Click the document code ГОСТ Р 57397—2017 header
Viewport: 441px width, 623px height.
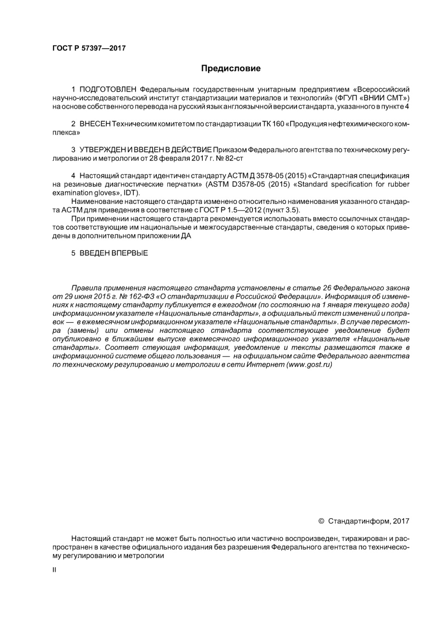pyautogui.click(x=89, y=48)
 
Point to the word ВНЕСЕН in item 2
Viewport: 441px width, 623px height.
pyautogui.click(x=95, y=124)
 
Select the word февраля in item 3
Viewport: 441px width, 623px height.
pyautogui.click(x=172, y=159)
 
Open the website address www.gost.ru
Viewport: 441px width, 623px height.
pyautogui.click(x=310, y=365)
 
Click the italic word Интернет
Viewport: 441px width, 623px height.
pyautogui.click(x=266, y=365)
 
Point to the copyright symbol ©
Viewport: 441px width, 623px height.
pyautogui.click(x=321, y=521)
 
